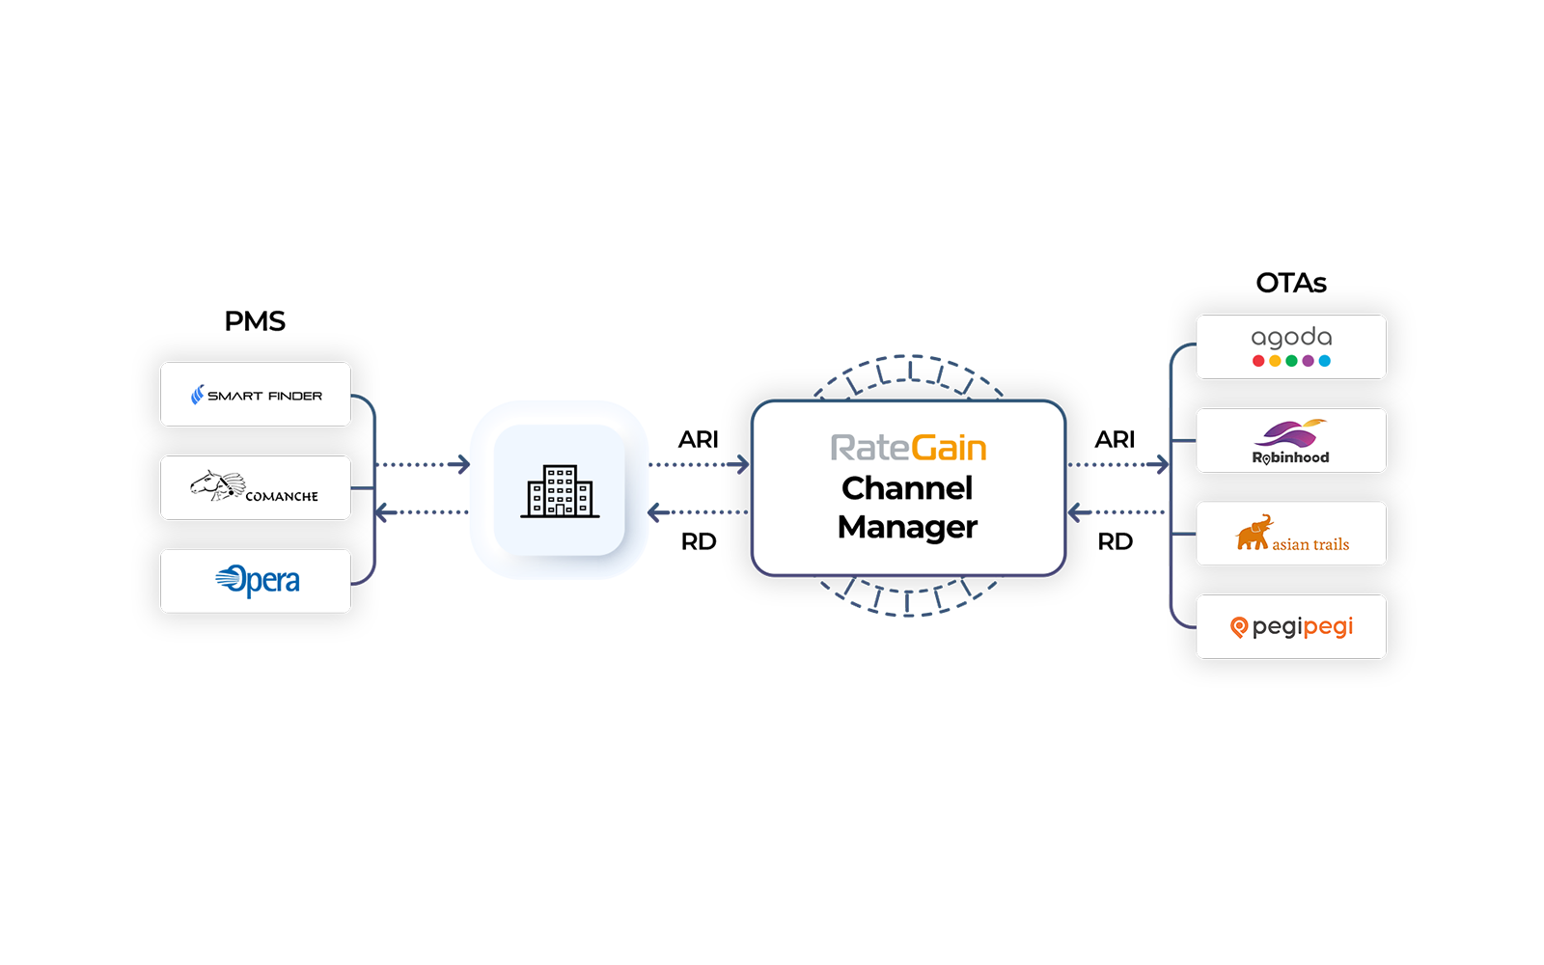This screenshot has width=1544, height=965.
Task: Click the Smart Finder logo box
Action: click(x=256, y=395)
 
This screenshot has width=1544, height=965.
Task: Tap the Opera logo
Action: click(x=258, y=580)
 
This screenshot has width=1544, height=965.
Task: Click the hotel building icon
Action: click(x=560, y=491)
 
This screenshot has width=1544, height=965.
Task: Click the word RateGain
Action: click(x=908, y=448)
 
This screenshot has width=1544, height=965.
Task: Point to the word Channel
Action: click(x=907, y=488)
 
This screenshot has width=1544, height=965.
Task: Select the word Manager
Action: click(x=907, y=527)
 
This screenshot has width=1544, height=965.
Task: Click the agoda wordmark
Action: click(x=1291, y=337)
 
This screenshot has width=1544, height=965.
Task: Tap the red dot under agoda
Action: click(x=1258, y=361)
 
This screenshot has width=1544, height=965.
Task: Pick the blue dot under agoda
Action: click(x=1325, y=361)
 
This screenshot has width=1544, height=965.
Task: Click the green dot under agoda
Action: click(x=1291, y=361)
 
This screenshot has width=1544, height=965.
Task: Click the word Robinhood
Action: click(x=1291, y=457)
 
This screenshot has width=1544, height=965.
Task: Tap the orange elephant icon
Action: click(x=1253, y=533)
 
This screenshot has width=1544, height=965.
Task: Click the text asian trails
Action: click(x=1310, y=544)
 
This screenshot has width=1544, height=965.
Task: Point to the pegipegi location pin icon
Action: click(x=1239, y=628)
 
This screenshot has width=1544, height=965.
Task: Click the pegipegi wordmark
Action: click(x=1303, y=627)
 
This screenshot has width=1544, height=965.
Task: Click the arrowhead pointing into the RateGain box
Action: click(x=743, y=465)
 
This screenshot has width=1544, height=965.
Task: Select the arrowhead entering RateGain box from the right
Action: click(x=1074, y=511)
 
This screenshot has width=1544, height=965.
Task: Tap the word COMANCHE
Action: click(x=282, y=496)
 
